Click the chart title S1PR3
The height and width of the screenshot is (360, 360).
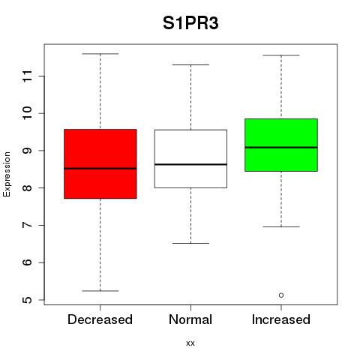point(190,23)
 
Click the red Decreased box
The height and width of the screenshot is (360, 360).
point(100,163)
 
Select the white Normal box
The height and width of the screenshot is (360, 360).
point(190,159)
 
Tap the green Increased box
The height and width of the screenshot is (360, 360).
point(281,145)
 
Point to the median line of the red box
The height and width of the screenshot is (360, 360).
point(100,169)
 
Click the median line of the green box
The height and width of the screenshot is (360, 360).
point(281,148)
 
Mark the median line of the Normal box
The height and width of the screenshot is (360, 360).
point(190,164)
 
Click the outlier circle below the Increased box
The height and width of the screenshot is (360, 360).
point(281,295)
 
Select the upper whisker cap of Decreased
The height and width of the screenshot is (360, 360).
point(100,54)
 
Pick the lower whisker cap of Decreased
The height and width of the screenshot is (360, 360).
point(100,291)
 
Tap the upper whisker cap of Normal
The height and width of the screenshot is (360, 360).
point(190,64)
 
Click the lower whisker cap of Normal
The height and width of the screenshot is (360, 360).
point(190,243)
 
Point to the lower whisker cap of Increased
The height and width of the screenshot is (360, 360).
point(281,226)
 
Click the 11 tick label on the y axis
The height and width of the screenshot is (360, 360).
point(28,76)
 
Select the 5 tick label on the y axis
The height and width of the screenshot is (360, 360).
point(28,300)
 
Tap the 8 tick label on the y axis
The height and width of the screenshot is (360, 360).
point(28,188)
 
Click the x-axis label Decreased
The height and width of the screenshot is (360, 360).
point(100,319)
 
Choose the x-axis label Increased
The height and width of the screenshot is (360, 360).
point(281,319)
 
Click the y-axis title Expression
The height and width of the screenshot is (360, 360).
point(7,174)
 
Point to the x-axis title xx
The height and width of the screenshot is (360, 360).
point(190,343)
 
